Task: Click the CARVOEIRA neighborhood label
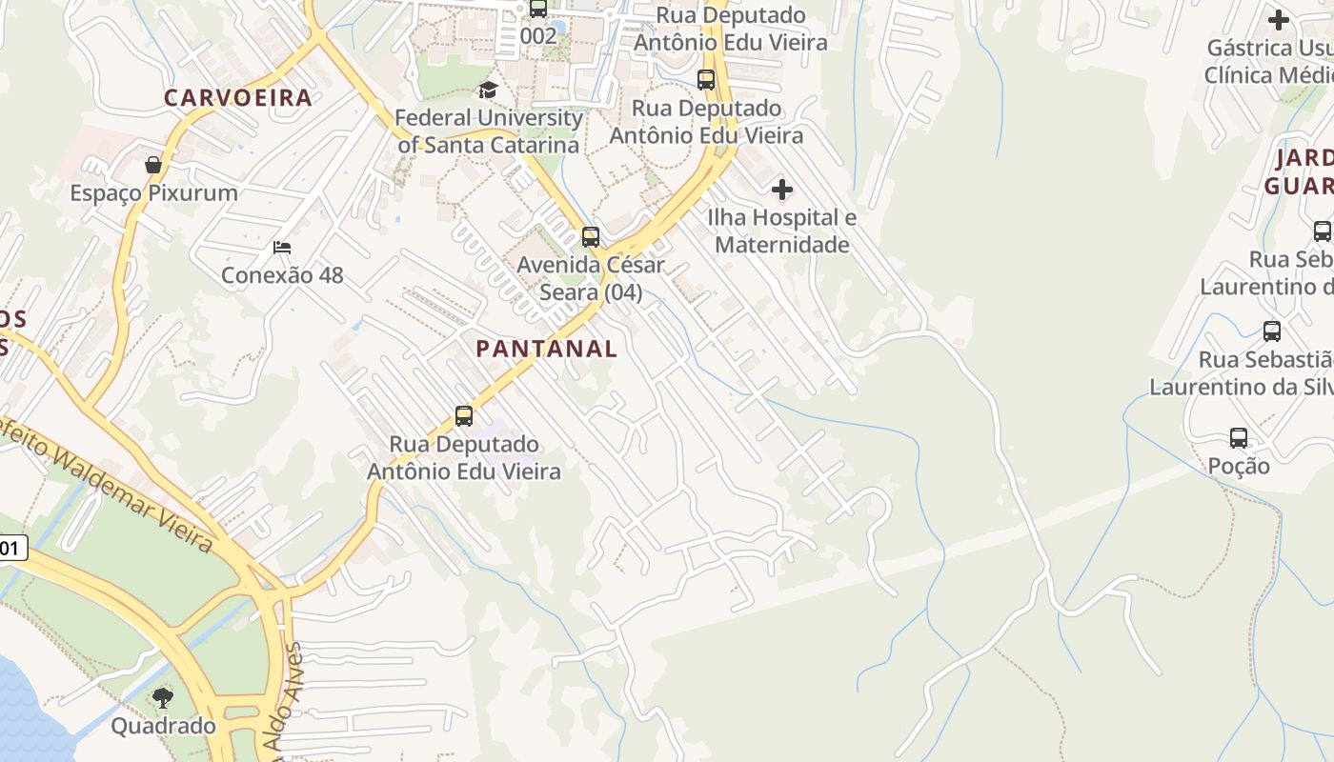click(238, 97)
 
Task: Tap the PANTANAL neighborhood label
click(547, 349)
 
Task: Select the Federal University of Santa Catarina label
click(489, 131)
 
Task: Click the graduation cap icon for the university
click(488, 90)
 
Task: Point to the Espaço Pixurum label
click(153, 193)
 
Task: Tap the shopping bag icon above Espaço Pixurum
click(152, 165)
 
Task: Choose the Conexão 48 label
click(282, 275)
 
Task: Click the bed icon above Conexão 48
click(282, 248)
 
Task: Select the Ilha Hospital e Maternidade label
click(781, 231)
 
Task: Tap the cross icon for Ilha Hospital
click(782, 190)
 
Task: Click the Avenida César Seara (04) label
click(591, 278)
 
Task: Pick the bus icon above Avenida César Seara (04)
click(591, 236)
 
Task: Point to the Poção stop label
click(1239, 466)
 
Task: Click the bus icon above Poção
click(1239, 438)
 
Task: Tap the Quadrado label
click(163, 726)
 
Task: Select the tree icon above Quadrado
click(163, 698)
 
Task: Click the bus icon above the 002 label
click(538, 9)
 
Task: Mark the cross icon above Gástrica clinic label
click(1279, 19)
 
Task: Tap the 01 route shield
click(11, 548)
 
